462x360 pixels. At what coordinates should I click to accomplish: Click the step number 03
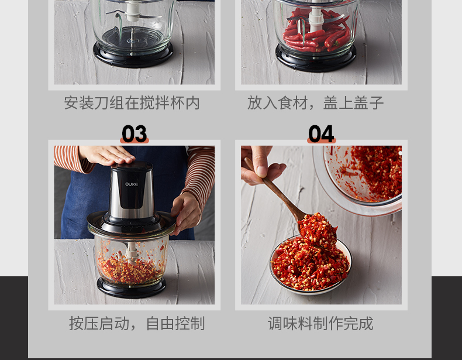pyautogui.click(x=135, y=133)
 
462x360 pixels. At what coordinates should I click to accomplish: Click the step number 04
pyautogui.click(x=321, y=133)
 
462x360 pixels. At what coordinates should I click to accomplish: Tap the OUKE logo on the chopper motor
pyautogui.click(x=132, y=184)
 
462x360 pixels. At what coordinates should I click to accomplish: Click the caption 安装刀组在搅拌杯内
pyautogui.click(x=132, y=103)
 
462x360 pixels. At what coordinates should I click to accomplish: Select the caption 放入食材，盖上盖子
pyautogui.click(x=316, y=103)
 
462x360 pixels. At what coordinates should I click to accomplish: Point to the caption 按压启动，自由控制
pyautogui.click(x=137, y=324)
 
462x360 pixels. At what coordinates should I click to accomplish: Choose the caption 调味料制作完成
pyautogui.click(x=320, y=324)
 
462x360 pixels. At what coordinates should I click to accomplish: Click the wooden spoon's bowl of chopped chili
pyautogui.click(x=318, y=230)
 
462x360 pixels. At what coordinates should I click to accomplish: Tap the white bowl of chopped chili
pyautogui.click(x=311, y=265)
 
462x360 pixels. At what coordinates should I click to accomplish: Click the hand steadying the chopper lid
pyautogui.click(x=187, y=213)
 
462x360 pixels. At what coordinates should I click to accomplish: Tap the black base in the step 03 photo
pyautogui.click(x=132, y=287)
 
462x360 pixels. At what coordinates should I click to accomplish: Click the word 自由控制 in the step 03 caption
pyautogui.click(x=175, y=324)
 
